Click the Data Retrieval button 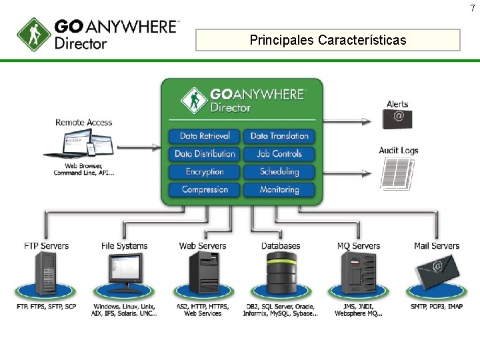pyautogui.click(x=205, y=136)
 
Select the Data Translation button pyautogui.click(x=279, y=136)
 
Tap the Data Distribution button pyautogui.click(x=205, y=154)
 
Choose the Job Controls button pyautogui.click(x=279, y=154)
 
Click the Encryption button pyautogui.click(x=205, y=172)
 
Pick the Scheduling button pyautogui.click(x=279, y=172)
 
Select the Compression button pyautogui.click(x=205, y=190)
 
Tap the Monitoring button pyautogui.click(x=279, y=190)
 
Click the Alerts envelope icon pyautogui.click(x=397, y=119)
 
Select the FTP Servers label pyautogui.click(x=47, y=246)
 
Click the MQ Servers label pyautogui.click(x=359, y=246)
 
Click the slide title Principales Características pyautogui.click(x=327, y=40)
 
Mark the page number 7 pyautogui.click(x=473, y=7)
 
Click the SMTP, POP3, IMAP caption pyautogui.click(x=437, y=307)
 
